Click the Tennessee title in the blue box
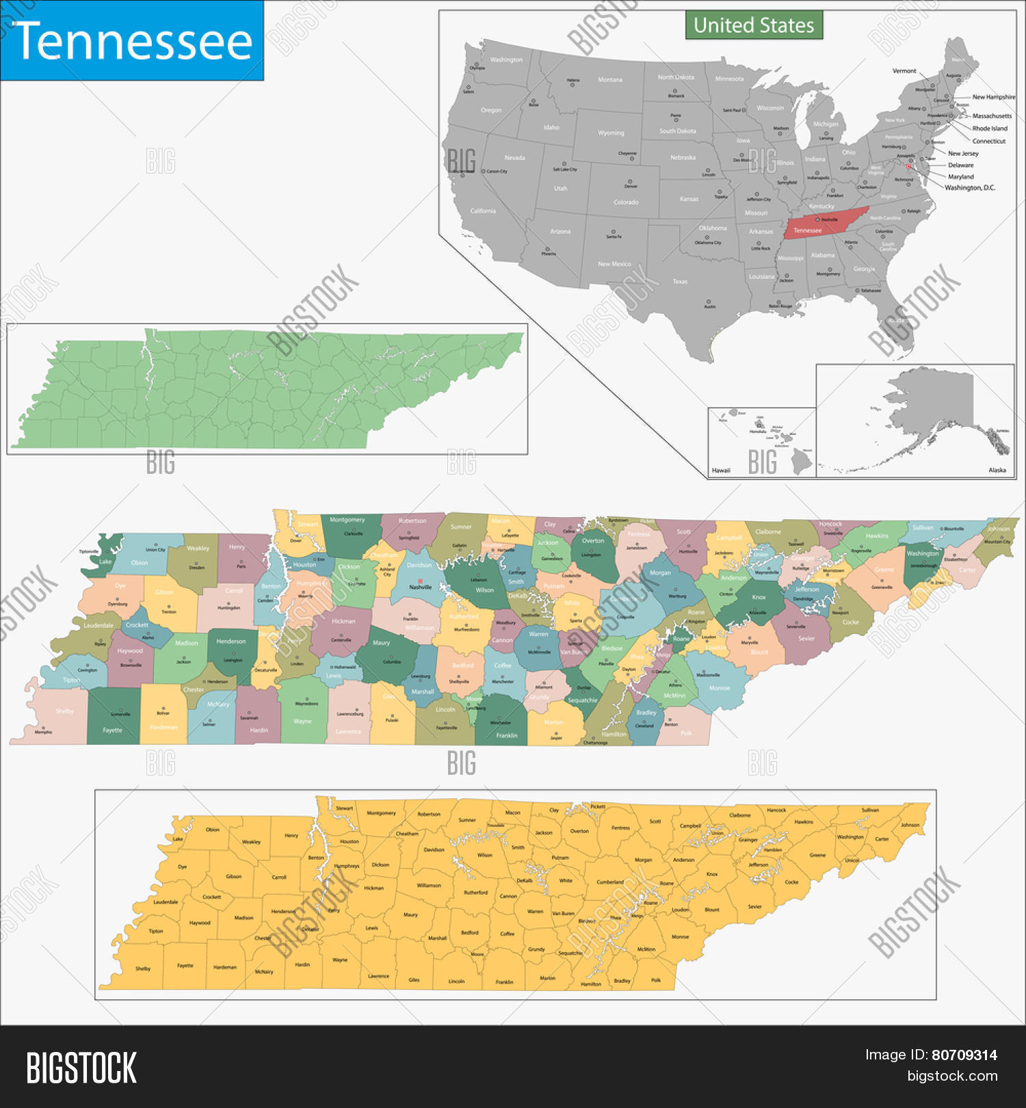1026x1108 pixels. point(132,41)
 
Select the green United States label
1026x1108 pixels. point(754,25)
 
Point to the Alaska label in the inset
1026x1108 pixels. point(997,470)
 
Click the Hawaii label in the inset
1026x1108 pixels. point(721,471)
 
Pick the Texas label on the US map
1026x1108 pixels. point(680,281)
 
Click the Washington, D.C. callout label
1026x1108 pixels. point(970,187)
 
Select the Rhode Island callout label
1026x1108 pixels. point(990,128)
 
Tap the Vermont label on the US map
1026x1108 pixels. point(904,70)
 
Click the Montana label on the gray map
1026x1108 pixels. point(610,80)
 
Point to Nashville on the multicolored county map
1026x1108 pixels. point(420,587)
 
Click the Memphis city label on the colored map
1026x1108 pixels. point(43,732)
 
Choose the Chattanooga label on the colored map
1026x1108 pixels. point(595,742)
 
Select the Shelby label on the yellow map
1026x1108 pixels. point(143,968)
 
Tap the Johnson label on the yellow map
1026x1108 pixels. point(910,825)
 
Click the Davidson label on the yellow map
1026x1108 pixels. point(434,849)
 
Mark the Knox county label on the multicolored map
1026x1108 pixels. point(759,597)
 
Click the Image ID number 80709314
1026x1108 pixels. point(964,1055)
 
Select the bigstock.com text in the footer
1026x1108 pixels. point(952,1076)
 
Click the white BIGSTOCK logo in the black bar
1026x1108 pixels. point(81,1068)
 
